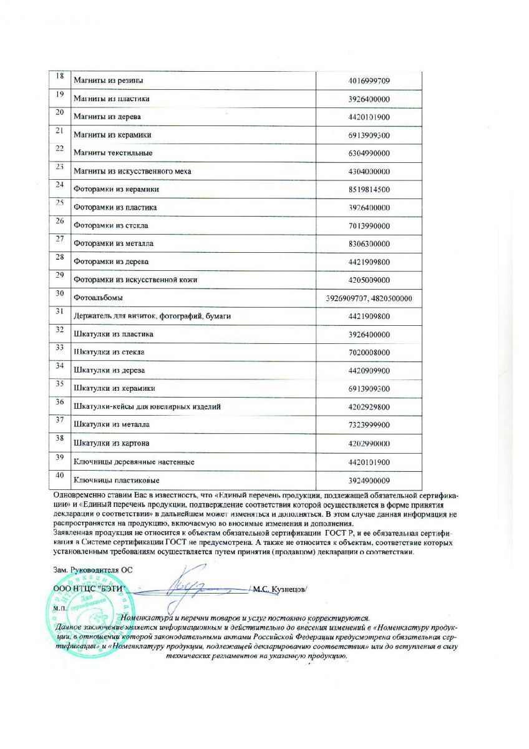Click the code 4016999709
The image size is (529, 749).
(x=369, y=81)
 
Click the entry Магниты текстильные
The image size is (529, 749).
(x=113, y=153)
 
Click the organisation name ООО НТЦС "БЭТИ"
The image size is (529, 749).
(x=90, y=589)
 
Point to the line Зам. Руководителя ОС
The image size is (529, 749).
(x=93, y=570)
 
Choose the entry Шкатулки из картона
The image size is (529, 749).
(x=112, y=443)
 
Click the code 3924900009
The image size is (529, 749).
(x=369, y=480)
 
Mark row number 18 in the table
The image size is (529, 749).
(x=61, y=76)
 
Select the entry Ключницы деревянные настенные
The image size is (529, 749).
(x=134, y=462)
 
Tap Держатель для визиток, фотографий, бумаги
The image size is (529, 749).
(x=152, y=316)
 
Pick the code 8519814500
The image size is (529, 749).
(x=369, y=190)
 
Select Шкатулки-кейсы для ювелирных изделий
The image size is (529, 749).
(x=147, y=407)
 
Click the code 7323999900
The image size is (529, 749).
(x=369, y=425)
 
